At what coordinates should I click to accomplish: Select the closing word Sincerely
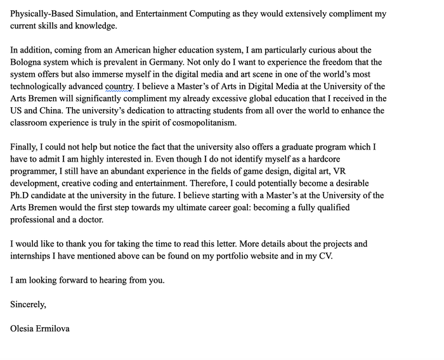click(x=28, y=304)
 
